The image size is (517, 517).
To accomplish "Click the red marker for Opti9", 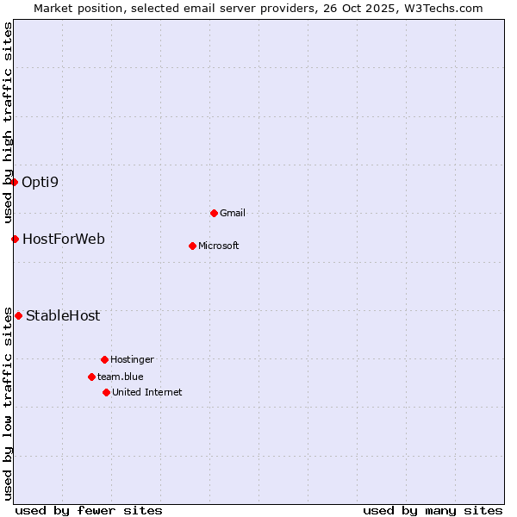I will pos(15,182).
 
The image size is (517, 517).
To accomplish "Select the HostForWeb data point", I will pos(15,239).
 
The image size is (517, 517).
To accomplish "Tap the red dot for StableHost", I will pos(18,315).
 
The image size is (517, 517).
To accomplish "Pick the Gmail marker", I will pos(214,213).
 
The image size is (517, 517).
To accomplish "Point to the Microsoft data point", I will pos(192,246).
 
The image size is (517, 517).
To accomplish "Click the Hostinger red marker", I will pos(104,359).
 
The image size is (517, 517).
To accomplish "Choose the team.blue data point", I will pos(91,377).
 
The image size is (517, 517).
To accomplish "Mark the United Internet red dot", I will pos(106,392).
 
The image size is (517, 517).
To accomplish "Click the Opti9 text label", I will pos(40,182).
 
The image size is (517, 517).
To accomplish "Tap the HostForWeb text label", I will pos(64,239).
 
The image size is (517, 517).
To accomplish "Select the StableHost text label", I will pos(63,315).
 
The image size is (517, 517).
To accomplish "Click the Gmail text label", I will pos(233,213).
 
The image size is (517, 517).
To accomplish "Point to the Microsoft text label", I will pos(219,246).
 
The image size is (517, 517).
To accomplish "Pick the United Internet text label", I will pos(147,392).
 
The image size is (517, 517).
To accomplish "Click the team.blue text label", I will pos(121,377).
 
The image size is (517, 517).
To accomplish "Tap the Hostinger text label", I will pos(132,359).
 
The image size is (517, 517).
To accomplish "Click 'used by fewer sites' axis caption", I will pos(89,510).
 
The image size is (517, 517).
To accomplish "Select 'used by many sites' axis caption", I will pos(433,510).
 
